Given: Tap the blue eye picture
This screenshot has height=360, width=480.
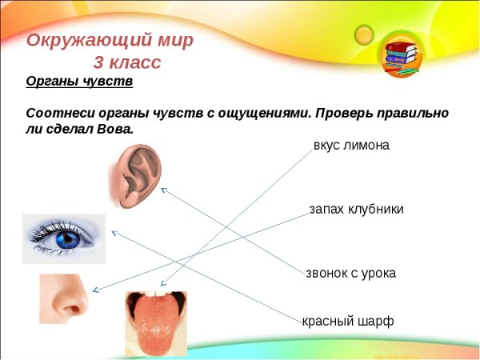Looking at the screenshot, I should coord(64,238).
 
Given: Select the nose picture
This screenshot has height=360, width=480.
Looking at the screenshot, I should coord(65,298).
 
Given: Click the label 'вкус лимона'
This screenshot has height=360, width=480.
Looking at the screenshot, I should coord(351,146).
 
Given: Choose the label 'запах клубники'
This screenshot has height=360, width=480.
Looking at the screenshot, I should coord(356,209).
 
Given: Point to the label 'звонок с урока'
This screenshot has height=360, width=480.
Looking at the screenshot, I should coord(350,273).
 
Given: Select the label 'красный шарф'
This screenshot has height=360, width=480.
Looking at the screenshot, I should coord(348,322).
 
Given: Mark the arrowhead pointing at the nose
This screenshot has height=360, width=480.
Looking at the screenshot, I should coord(95,291).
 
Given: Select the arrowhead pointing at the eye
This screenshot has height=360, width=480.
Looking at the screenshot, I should coord(113,232).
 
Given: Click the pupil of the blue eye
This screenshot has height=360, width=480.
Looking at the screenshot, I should coord(67,238).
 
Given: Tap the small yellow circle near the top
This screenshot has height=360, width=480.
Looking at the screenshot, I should coord(365,34).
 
